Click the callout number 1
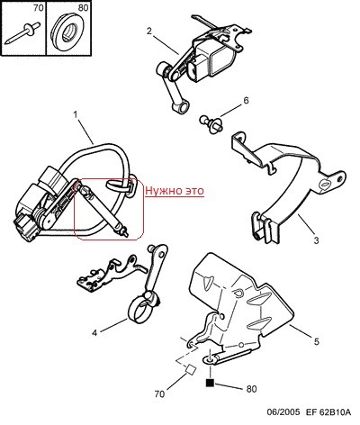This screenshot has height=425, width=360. point(75,114)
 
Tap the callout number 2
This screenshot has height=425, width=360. point(149,32)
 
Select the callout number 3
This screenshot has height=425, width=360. point(317,240)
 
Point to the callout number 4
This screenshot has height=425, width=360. point(94,333)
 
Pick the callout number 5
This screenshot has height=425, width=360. point(317,341)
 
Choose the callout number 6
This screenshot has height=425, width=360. point(246,100)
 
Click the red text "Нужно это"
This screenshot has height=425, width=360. point(175,191)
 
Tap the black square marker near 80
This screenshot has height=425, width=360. point(210,383)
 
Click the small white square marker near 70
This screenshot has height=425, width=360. point(190,369)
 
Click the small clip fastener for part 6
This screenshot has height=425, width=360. point(211,123)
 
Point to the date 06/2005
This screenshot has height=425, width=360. point(283,412)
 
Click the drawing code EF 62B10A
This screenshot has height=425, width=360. point(328,412)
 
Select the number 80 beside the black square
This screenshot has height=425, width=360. point(251,389)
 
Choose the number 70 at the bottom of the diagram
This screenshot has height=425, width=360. point(159,394)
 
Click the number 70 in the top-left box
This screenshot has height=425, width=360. point(39,8)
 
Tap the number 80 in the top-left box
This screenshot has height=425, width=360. point(83,8)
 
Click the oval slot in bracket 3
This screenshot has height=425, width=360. point(325,184)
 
